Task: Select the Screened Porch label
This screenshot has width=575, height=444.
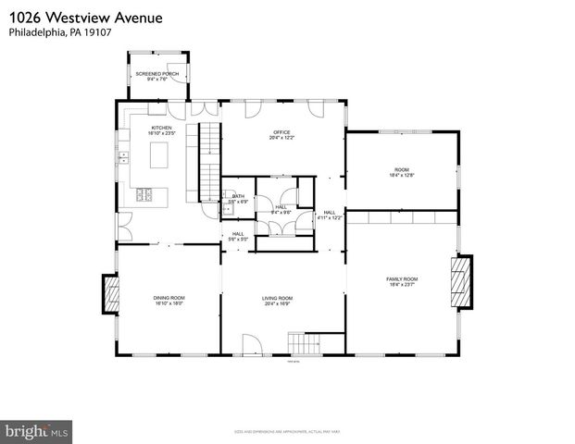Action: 157,76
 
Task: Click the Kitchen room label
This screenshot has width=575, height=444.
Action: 162,130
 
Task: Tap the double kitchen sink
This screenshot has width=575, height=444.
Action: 123,157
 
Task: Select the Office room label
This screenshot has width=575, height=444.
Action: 281,135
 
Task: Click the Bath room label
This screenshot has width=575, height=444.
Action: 238,198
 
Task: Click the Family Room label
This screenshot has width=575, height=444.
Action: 402,280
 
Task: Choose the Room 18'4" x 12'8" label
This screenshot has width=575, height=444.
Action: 401,172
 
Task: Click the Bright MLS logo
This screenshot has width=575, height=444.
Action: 37,431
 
